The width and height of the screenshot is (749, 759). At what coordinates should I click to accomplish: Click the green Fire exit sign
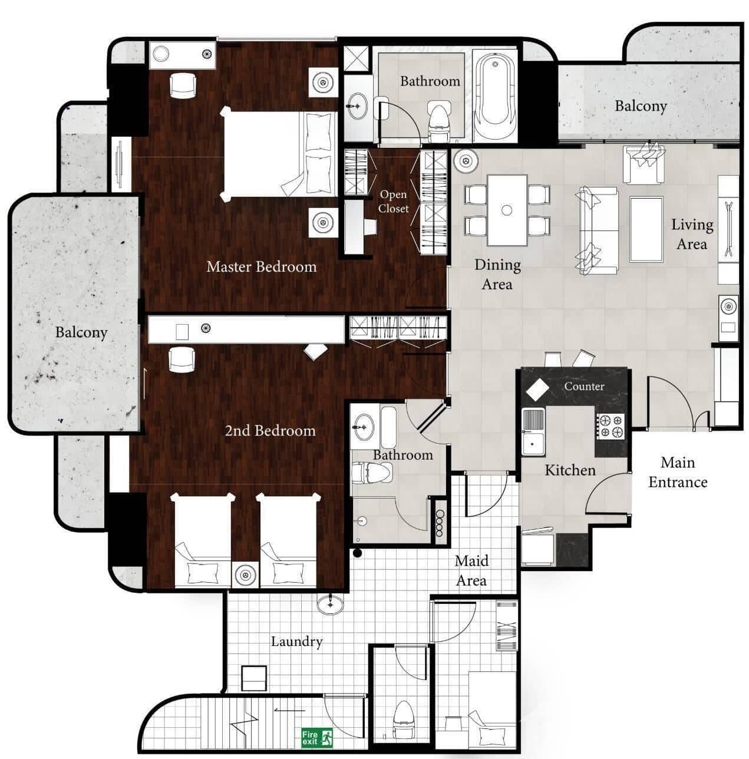coord(317,737)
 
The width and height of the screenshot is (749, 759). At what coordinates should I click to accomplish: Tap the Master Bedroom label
coord(261,267)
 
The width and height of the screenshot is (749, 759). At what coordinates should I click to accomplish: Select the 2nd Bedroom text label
coord(270,431)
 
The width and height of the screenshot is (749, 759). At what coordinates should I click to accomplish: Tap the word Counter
coord(584,387)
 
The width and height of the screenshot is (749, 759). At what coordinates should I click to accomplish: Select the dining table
coord(507,210)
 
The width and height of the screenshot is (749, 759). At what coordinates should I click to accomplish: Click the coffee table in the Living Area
coord(646,229)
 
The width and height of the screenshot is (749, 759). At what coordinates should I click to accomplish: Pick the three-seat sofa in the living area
coord(598,230)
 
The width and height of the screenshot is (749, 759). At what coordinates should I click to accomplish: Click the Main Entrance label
coord(678,473)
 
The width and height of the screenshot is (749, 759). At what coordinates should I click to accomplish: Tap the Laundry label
coord(296,642)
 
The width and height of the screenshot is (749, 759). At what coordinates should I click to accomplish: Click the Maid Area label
coord(471,571)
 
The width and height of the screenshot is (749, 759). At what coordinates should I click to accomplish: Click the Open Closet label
coord(393,201)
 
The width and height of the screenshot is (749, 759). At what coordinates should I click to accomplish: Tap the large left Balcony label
coord(81,332)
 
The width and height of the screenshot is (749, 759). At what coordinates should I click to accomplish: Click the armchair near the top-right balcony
coord(645,163)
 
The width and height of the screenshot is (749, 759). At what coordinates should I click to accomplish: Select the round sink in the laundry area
coord(331,604)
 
